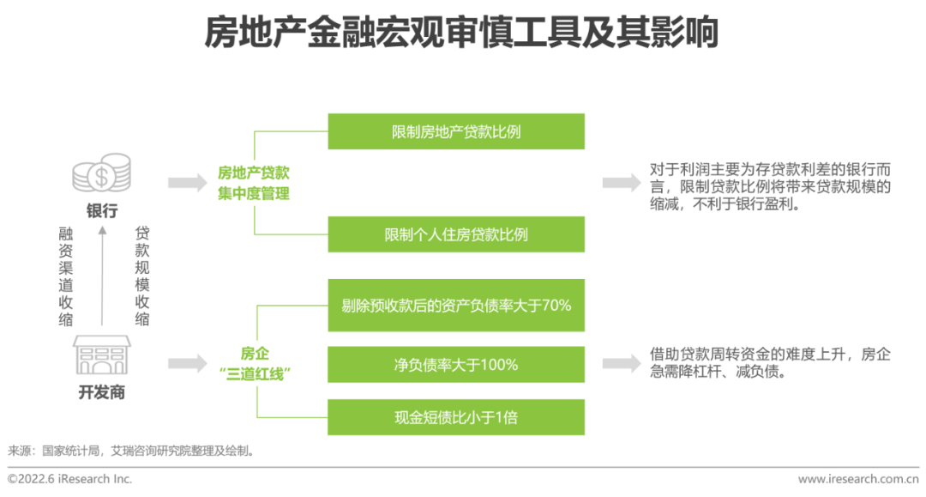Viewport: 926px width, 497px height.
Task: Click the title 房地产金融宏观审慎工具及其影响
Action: [461, 33]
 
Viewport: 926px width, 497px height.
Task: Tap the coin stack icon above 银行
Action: [101, 173]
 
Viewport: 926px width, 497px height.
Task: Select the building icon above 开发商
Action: [101, 355]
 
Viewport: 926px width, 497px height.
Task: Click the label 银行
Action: [102, 210]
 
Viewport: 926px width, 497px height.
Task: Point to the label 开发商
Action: [101, 392]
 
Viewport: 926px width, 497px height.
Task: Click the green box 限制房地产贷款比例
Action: [456, 131]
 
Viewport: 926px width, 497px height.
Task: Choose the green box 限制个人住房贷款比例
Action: [456, 234]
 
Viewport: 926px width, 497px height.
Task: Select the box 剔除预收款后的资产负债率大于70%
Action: [456, 305]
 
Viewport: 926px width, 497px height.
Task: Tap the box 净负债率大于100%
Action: [456, 365]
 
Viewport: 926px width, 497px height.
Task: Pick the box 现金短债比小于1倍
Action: [456, 417]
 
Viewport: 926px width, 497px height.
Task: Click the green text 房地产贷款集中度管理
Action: [253, 183]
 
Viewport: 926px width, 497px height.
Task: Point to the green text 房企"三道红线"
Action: [255, 364]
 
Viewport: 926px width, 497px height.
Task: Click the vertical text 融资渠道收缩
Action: [65, 276]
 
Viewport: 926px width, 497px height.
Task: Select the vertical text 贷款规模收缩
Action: [141, 276]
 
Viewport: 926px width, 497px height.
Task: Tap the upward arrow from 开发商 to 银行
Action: [102, 276]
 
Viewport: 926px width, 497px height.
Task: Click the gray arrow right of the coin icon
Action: [188, 183]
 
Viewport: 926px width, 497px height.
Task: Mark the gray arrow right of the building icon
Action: [188, 363]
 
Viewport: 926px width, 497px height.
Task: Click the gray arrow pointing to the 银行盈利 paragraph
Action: [622, 183]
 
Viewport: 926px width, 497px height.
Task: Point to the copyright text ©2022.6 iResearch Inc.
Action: [69, 479]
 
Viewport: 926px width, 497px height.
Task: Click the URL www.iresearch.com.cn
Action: [858, 479]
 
